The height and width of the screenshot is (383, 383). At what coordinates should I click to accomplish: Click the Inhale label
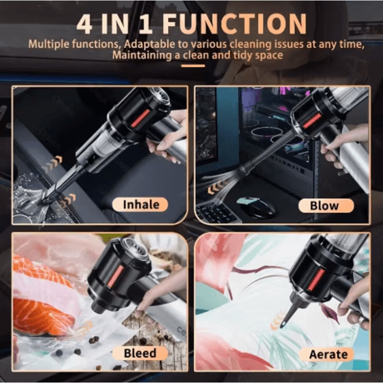pyautogui.click(x=140, y=205)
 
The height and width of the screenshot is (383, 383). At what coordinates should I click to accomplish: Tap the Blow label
pyautogui.click(x=325, y=205)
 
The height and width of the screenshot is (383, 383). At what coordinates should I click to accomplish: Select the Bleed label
pyautogui.click(x=140, y=353)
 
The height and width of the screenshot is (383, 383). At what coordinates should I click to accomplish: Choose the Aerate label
pyautogui.click(x=328, y=354)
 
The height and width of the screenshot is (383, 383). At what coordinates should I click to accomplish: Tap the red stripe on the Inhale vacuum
pyautogui.click(x=140, y=118)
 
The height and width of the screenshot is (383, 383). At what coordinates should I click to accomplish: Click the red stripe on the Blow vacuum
pyautogui.click(x=312, y=121)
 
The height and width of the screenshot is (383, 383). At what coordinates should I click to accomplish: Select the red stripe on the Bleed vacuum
pyautogui.click(x=115, y=277)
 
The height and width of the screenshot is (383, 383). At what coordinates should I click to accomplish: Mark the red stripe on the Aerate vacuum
pyautogui.click(x=316, y=280)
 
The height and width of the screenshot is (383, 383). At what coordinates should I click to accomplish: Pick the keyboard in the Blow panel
pyautogui.click(x=218, y=213)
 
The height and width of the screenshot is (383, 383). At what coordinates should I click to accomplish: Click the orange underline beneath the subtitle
pyautogui.click(x=193, y=66)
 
